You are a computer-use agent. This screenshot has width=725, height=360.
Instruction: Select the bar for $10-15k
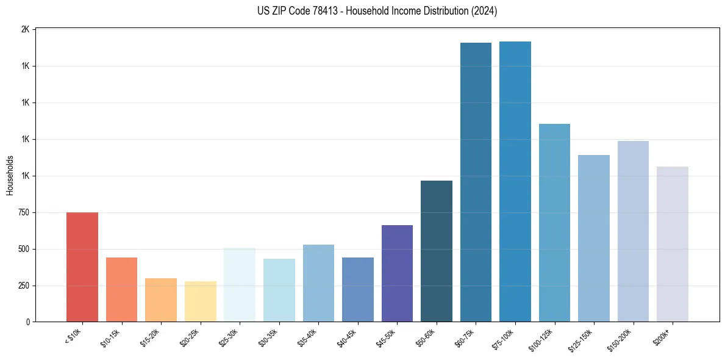click(121, 289)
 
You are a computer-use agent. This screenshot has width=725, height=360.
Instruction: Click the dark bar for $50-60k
click(437, 251)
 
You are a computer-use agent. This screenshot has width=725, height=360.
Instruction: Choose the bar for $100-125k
click(554, 223)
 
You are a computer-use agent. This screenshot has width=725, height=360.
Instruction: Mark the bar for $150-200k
click(633, 231)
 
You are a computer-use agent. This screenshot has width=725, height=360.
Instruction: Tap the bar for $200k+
click(673, 244)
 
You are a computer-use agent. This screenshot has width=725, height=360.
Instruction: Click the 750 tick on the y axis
click(24, 212)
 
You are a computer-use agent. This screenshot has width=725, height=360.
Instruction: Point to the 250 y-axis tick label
click(24, 286)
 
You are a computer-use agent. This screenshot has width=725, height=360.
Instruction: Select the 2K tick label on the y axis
click(25, 29)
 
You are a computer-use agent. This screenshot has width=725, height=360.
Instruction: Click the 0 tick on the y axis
click(28, 322)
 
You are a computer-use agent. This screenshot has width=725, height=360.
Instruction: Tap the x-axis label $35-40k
click(308, 337)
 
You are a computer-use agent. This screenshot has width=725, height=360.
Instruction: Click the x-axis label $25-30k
click(229, 337)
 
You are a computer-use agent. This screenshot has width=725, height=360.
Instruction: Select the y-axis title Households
click(10, 175)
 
